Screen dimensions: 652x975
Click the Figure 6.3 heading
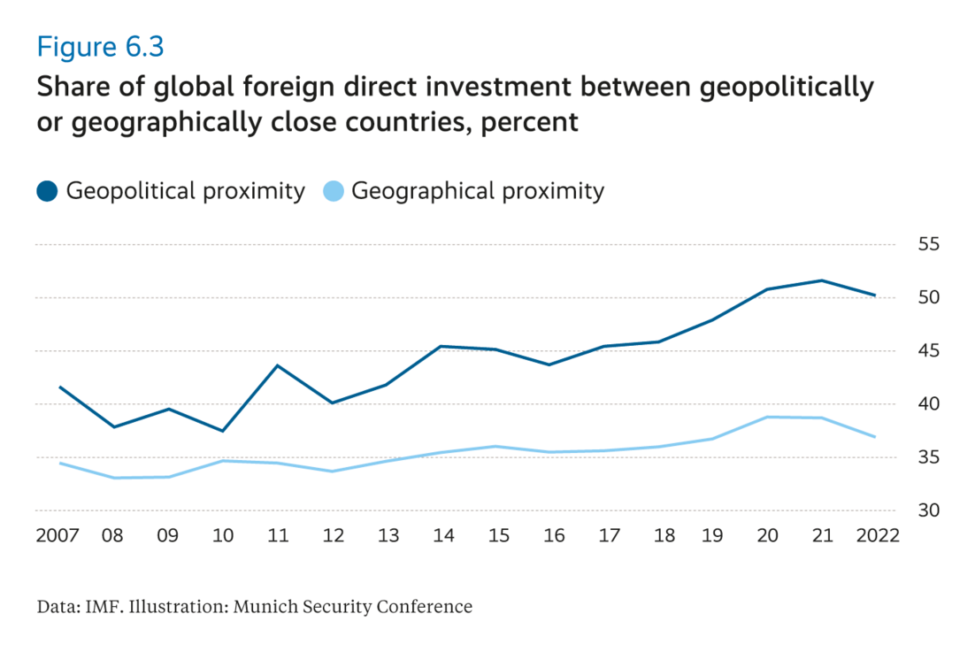click(x=100, y=47)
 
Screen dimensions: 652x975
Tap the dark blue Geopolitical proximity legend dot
click(x=48, y=190)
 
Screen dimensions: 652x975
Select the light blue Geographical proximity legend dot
click(x=334, y=190)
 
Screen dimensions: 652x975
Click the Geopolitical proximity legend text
click(x=186, y=191)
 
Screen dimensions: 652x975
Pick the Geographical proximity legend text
click(x=478, y=191)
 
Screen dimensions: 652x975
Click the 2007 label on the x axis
click(x=58, y=536)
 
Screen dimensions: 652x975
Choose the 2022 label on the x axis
click(x=879, y=536)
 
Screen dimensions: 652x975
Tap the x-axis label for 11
click(x=277, y=536)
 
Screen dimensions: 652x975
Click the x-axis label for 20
click(x=768, y=536)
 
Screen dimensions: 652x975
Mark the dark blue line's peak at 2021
click(x=823, y=280)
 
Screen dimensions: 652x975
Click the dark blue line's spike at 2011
click(x=277, y=365)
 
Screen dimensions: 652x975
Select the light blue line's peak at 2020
click(x=768, y=417)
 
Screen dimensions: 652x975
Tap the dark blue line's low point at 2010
click(x=222, y=431)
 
